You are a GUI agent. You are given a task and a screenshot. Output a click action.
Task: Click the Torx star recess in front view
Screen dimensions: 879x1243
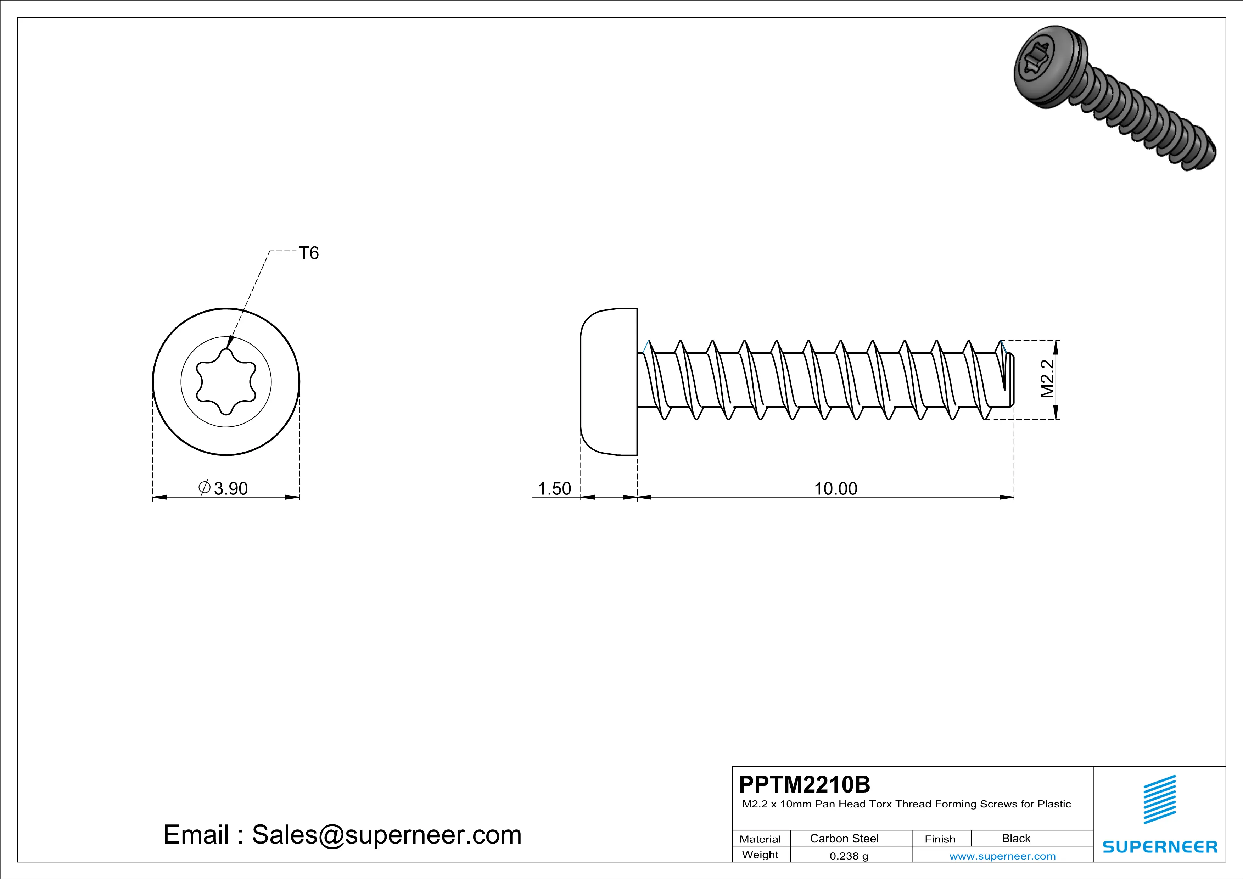226,382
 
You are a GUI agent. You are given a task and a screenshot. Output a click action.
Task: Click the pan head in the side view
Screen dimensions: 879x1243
609,382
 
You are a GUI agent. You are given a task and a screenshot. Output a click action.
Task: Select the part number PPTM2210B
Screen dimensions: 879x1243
805,784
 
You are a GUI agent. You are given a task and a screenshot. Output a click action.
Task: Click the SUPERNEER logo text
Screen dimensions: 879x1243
1160,846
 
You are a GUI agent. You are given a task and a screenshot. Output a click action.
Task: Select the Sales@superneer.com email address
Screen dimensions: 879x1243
387,835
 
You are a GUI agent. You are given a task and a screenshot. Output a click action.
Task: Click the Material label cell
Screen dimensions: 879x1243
760,839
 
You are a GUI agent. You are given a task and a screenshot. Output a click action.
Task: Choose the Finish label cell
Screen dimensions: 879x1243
940,839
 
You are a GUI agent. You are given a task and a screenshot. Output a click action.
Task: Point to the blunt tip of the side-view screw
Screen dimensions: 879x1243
1010,379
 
